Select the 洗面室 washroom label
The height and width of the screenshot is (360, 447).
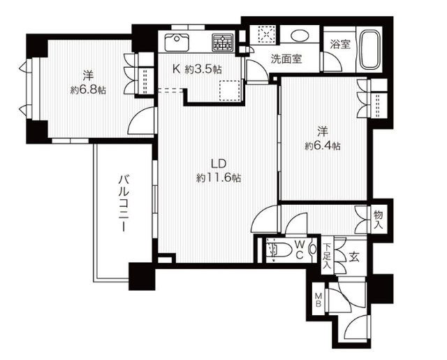pyautogui.click(x=287, y=59)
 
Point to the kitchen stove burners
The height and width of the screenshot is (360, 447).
pyautogui.click(x=223, y=43)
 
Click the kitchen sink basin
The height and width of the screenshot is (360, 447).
pyautogui.click(x=177, y=41)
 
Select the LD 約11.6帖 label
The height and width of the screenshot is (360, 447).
pyautogui.click(x=219, y=171)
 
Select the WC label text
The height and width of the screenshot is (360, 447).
pyautogui.click(x=298, y=249)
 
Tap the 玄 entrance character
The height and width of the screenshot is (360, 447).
pyautogui.click(x=355, y=257)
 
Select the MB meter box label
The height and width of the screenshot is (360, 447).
pyautogui.click(x=318, y=299)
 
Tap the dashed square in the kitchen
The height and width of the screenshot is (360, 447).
pyautogui.click(x=229, y=91)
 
